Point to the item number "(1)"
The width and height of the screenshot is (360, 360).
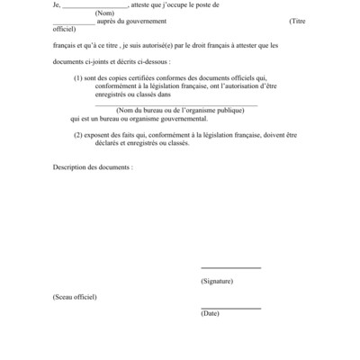pyautogui.click(x=78, y=78)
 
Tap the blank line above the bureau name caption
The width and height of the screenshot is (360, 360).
pyautogui.click(x=175, y=103)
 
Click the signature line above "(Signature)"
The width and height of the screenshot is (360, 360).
pyautogui.click(x=230, y=267)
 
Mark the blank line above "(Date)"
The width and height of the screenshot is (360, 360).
pyautogui.click(x=230, y=308)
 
